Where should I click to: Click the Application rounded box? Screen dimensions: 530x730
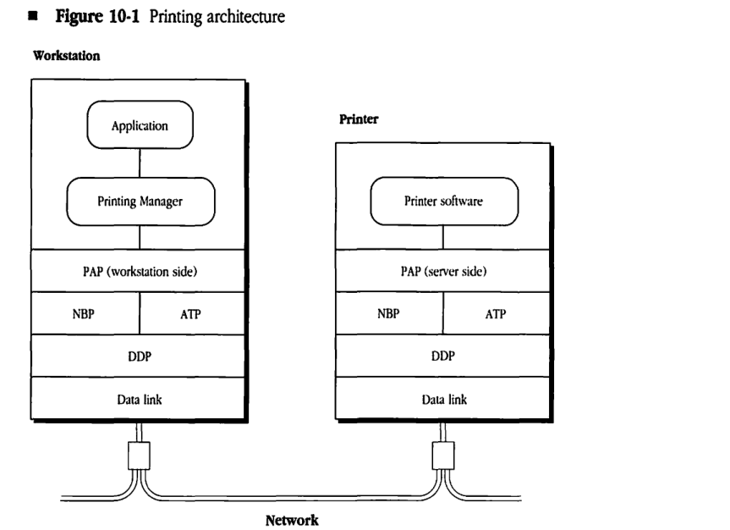pyautogui.click(x=140, y=126)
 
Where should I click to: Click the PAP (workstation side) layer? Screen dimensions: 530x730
pyautogui.click(x=140, y=272)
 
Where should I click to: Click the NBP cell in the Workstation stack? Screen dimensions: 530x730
pyautogui.click(x=85, y=313)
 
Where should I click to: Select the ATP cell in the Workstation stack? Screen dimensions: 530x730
pyautogui.click(x=192, y=313)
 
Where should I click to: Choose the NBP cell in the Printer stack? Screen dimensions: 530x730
pyautogui.click(x=389, y=313)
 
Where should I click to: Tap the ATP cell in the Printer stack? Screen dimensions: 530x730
pyautogui.click(x=496, y=313)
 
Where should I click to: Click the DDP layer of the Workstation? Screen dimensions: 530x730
pyautogui.click(x=140, y=356)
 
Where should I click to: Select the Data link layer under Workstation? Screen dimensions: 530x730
pyautogui.click(x=140, y=398)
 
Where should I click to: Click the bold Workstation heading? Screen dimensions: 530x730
pyautogui.click(x=59, y=57)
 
